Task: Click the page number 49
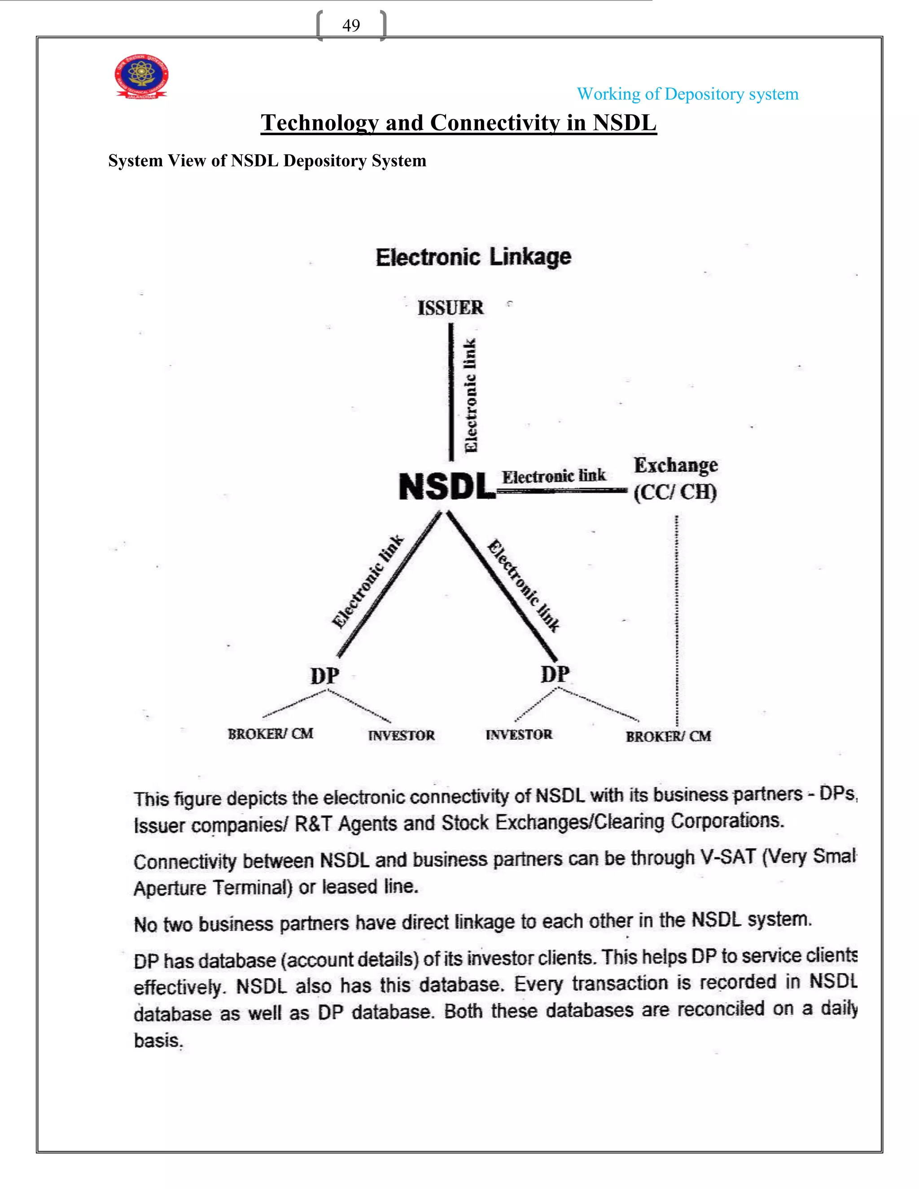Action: click(x=351, y=26)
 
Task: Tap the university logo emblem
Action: click(x=141, y=76)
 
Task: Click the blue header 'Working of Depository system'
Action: click(x=687, y=94)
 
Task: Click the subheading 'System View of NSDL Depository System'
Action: click(x=267, y=161)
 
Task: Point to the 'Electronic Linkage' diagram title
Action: click(x=473, y=257)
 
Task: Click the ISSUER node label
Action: click(x=450, y=308)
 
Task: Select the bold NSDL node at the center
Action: click(x=447, y=486)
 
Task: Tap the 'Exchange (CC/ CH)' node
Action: click(x=675, y=479)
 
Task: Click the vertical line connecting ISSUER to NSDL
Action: click(x=451, y=392)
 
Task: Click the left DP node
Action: click(x=325, y=676)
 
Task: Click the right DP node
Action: click(x=555, y=674)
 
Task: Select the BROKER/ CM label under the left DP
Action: click(x=271, y=734)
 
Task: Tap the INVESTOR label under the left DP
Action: click(x=401, y=735)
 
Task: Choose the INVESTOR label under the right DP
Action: click(x=519, y=735)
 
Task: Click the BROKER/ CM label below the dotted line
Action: click(x=668, y=737)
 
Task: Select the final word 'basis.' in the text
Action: click(x=158, y=1040)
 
